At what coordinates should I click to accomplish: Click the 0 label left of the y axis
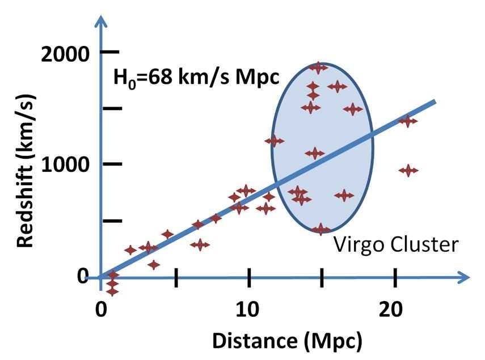[83, 276]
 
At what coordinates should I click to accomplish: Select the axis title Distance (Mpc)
[286, 341]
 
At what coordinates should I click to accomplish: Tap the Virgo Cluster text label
[395, 245]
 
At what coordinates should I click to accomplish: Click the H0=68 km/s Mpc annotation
[196, 76]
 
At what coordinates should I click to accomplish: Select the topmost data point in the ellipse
[318, 67]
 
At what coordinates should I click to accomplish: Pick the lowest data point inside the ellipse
[321, 229]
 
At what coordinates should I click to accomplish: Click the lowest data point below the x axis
[112, 291]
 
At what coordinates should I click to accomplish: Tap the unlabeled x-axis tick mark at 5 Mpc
[176, 277]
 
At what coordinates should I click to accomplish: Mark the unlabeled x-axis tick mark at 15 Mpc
[322, 277]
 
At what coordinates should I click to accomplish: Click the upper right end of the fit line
[434, 102]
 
